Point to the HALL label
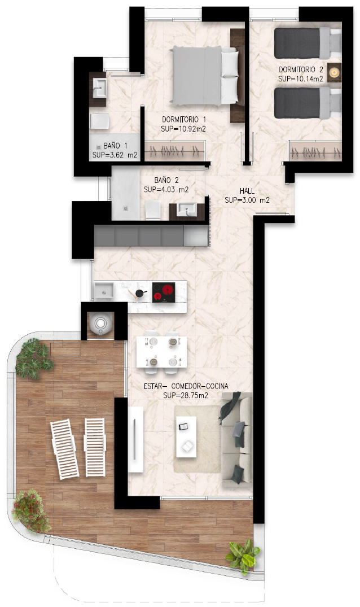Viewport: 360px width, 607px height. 247,191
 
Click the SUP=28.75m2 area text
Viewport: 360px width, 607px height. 186,395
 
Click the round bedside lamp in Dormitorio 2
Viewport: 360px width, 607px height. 333,72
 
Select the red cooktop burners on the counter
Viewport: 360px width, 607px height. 164,292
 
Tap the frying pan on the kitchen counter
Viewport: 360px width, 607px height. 139,293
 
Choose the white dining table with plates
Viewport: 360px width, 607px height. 161,352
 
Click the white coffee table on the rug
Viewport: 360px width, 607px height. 186,436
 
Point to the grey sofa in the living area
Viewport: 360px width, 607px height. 236,439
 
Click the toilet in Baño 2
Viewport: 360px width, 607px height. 153,210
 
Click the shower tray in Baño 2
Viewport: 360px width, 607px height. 126,193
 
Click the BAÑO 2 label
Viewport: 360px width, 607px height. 166,180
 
